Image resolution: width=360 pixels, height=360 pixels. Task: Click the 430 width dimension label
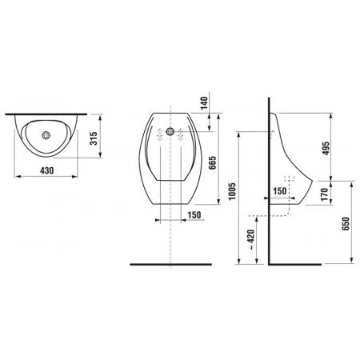[x=46, y=170]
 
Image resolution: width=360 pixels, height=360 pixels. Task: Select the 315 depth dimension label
[x=94, y=138]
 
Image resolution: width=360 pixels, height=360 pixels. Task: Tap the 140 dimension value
[x=204, y=103]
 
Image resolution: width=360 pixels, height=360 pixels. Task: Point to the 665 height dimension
[x=212, y=162]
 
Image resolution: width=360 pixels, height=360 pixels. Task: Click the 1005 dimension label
[x=232, y=191]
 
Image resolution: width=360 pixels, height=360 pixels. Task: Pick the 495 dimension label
[x=326, y=148]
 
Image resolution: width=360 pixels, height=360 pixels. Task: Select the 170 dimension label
[x=325, y=194]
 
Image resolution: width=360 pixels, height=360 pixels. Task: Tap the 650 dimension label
[x=346, y=224]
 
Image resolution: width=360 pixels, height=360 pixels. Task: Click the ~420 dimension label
[x=251, y=240]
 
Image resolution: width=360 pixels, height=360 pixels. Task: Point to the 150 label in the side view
[x=280, y=191]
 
